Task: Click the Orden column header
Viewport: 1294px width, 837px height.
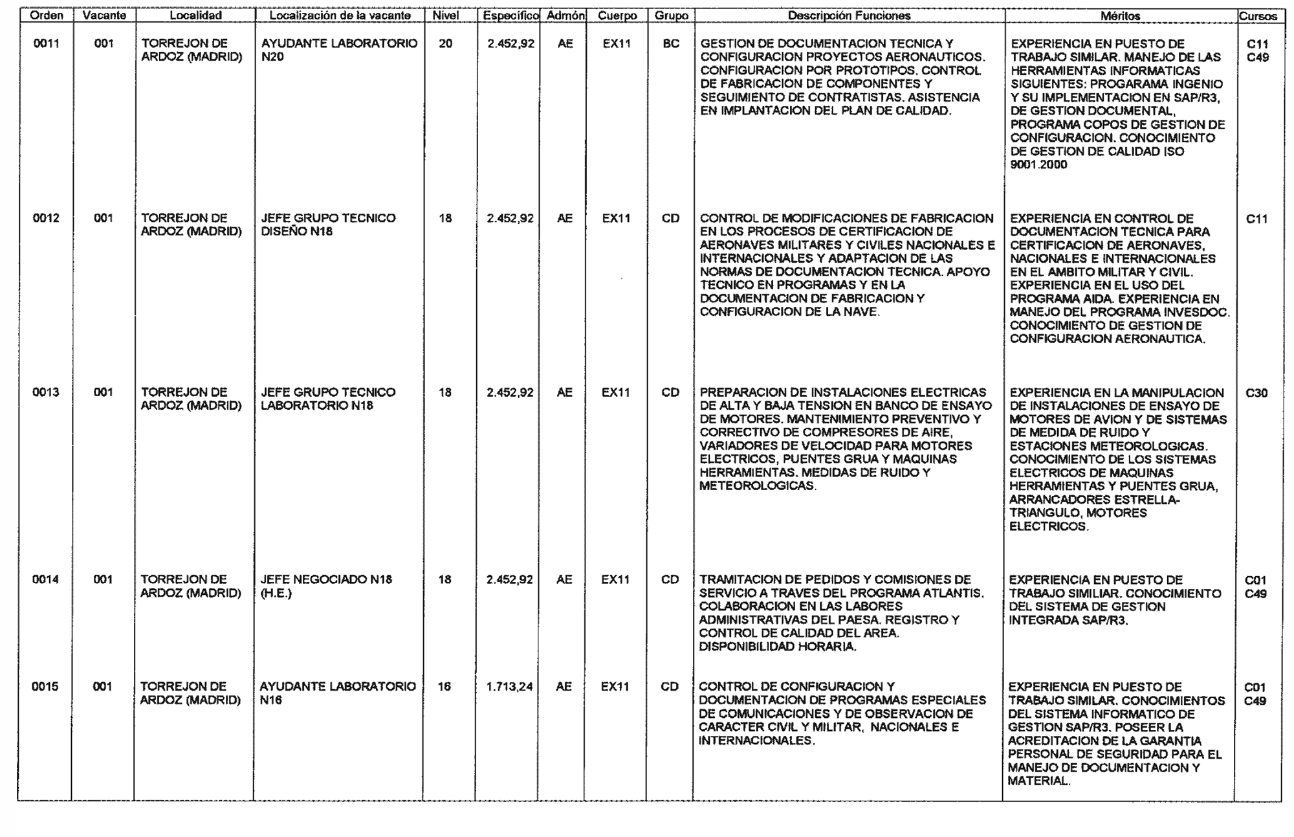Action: [x=46, y=16]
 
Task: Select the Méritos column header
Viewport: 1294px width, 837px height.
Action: [x=1120, y=16]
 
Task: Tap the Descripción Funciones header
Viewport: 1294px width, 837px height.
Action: [x=849, y=16]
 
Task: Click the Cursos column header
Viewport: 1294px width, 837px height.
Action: [x=1258, y=16]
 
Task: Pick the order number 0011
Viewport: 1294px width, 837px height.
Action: [x=47, y=43]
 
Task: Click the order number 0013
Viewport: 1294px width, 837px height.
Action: [x=46, y=392]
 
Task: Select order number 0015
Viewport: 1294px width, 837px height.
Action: [x=45, y=686]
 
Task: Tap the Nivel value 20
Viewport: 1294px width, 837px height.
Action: [x=446, y=43]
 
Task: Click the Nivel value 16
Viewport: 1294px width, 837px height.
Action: [x=444, y=686]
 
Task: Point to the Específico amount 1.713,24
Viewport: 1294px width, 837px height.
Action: [x=510, y=686]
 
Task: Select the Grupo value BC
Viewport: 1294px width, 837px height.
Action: [x=671, y=43]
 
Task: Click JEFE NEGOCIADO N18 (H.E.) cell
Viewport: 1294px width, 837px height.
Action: [x=326, y=586]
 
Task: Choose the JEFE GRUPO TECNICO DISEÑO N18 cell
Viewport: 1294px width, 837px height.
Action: [x=328, y=225]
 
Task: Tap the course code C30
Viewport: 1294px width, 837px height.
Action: [x=1256, y=393]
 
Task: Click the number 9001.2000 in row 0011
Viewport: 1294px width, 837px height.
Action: [x=1039, y=164]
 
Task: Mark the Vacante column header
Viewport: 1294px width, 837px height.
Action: [x=104, y=16]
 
